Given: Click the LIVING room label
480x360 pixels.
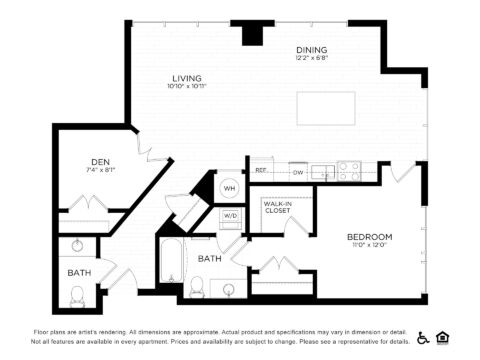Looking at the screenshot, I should click(187, 76).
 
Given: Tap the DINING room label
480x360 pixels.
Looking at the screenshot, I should click(311, 50).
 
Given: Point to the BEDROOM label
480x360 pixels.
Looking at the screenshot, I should click(369, 237).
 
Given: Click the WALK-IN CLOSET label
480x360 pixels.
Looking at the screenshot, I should click(277, 207).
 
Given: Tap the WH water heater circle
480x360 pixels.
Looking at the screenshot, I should click(229, 188).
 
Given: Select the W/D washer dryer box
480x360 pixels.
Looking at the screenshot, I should click(230, 215).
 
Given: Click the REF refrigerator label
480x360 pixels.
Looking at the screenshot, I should click(260, 172).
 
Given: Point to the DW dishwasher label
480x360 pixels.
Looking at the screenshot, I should click(297, 172).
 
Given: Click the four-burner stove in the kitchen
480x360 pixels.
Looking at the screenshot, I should click(348, 171).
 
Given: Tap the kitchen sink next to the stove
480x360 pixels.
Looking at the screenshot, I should click(322, 172).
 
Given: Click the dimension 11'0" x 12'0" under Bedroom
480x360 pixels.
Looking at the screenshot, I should click(369, 245).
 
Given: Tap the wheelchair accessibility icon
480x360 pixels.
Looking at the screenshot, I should click(423, 337).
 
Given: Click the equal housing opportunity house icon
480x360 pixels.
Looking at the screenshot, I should click(446, 337).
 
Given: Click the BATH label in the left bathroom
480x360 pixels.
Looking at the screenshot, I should click(79, 272).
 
